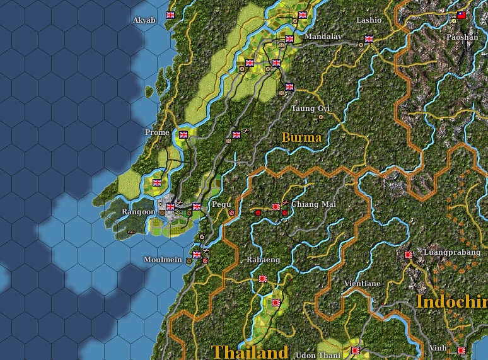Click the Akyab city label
[x=144, y=20]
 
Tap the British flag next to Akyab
[x=170, y=15]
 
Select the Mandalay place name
[x=323, y=37]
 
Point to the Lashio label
[x=369, y=20]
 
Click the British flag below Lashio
[x=369, y=38]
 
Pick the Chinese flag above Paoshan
[x=462, y=15]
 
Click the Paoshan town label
[x=462, y=37]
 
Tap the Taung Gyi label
[x=311, y=108]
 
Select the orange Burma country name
[x=301, y=137]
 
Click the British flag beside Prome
[x=183, y=134]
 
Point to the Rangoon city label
[x=138, y=212]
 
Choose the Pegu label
[x=221, y=204]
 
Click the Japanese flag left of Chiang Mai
[x=276, y=206]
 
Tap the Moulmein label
[x=163, y=260]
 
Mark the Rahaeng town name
[x=263, y=260]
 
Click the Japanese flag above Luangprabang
[x=409, y=255]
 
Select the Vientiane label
[x=362, y=284]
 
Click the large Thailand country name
[x=250, y=351]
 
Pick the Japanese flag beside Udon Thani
[x=355, y=350]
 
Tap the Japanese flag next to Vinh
[x=462, y=349]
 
